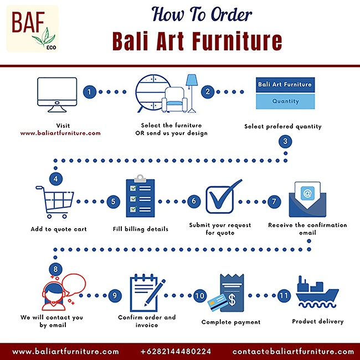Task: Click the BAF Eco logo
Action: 32,28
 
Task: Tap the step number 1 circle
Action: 90,92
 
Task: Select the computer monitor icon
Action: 57,95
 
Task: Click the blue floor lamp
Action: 192,94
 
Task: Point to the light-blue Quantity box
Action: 285,101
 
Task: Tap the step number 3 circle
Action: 285,141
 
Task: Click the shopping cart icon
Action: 55,202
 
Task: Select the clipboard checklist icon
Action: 140,196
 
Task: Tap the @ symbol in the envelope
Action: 307,193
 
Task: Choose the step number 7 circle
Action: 274,202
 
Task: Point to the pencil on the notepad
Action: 155,293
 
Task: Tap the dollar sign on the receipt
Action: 232,300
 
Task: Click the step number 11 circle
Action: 284,296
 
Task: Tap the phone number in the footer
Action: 176,351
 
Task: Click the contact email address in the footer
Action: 293,351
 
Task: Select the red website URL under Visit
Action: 60,133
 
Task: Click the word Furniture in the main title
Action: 237,41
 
